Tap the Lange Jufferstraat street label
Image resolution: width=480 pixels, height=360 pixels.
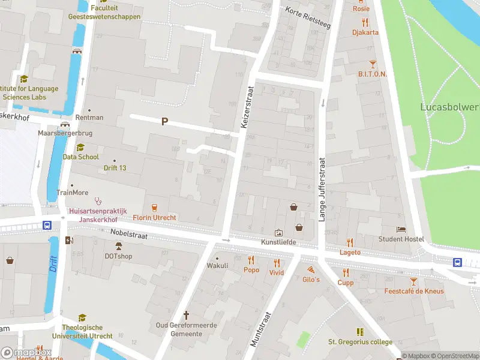tap(322, 190)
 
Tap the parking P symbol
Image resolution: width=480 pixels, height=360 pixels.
tap(164, 121)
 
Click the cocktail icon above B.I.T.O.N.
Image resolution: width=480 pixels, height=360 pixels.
tap(373, 64)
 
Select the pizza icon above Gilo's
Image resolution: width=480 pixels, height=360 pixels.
tap(311, 269)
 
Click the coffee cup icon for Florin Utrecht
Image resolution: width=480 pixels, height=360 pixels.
tap(154, 207)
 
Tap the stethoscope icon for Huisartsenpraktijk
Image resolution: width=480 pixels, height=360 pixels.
tap(98, 202)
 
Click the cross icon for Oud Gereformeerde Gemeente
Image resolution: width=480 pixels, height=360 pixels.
tap(186, 314)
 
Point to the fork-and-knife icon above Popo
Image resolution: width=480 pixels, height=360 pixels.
tap(251, 260)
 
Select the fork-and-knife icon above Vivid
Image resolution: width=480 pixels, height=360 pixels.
tap(277, 262)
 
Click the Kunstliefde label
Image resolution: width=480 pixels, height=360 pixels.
tap(279, 242)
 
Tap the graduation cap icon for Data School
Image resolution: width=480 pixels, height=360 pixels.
tap(80, 147)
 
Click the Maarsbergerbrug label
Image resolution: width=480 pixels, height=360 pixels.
tap(64, 133)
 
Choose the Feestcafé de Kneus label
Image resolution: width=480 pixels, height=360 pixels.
tap(414, 291)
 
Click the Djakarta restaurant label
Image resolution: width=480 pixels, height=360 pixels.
tap(365, 32)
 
